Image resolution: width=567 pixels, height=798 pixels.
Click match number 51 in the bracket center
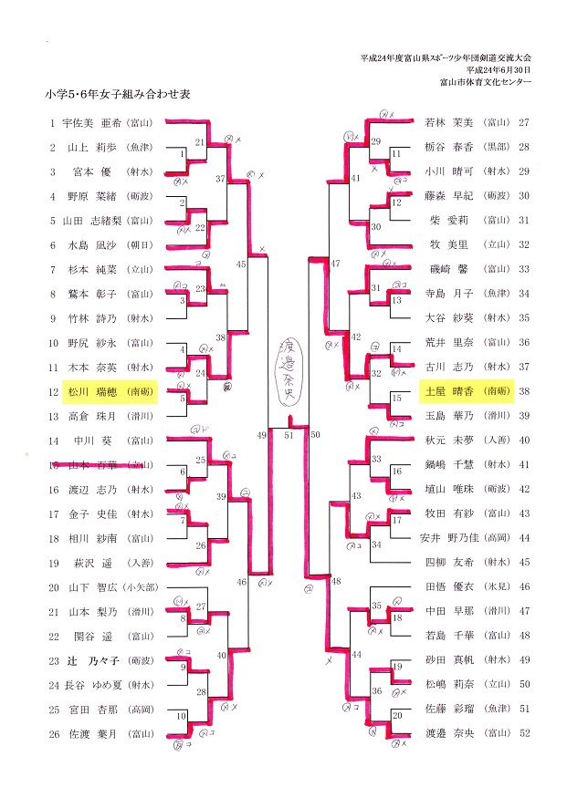[x=289, y=436]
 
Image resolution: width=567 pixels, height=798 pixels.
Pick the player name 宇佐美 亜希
[x=91, y=122]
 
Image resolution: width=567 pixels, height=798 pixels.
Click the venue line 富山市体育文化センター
[x=484, y=82]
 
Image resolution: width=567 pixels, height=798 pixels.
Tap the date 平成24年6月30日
[x=498, y=69]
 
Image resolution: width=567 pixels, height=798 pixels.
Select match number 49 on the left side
[x=262, y=436]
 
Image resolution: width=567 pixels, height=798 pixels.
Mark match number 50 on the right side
[x=316, y=436]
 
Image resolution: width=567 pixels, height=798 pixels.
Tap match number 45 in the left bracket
[x=241, y=264]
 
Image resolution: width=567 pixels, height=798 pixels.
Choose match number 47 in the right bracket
[x=336, y=264]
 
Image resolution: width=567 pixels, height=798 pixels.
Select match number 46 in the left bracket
[x=241, y=581]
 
